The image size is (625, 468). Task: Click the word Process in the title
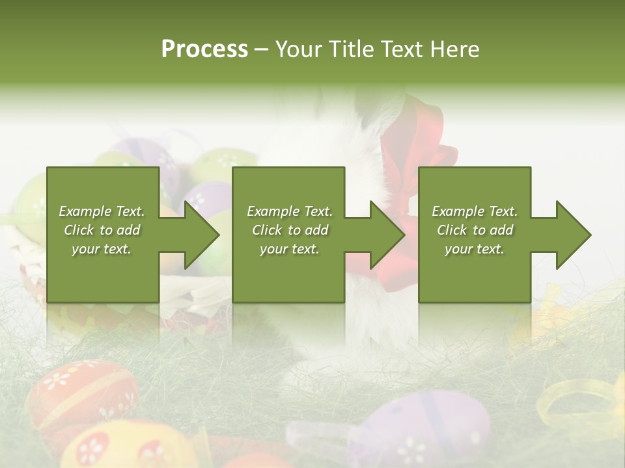tap(204, 49)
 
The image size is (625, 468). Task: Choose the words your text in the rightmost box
tap(474, 249)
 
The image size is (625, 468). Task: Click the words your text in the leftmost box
tap(101, 249)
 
